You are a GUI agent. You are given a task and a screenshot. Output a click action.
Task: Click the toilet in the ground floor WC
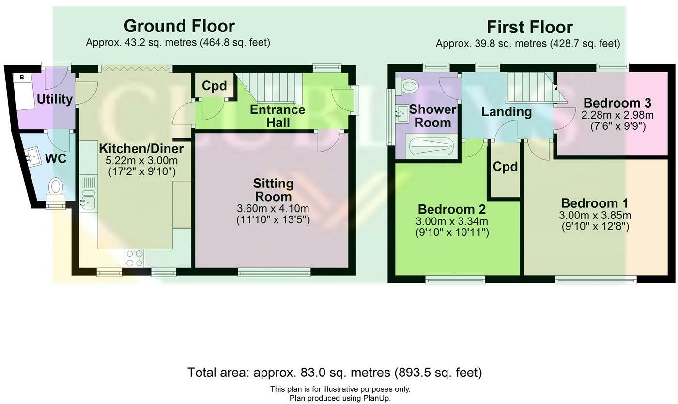point(56,190)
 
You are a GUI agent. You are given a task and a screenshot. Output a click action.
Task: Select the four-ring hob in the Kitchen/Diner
point(135,258)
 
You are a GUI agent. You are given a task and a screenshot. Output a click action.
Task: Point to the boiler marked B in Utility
point(22,78)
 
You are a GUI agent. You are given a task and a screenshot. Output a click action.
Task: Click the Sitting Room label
point(273,190)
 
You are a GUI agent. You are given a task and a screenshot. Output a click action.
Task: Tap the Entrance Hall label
point(277,116)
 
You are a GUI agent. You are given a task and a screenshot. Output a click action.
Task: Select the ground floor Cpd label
point(214,86)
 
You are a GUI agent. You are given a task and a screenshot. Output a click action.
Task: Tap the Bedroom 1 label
point(595,203)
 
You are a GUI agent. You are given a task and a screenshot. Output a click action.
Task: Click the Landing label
point(507,112)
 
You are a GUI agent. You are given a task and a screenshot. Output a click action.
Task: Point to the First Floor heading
point(529,27)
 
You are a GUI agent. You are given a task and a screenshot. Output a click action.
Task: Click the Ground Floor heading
point(179,26)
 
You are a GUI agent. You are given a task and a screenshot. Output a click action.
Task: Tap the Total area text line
point(335,373)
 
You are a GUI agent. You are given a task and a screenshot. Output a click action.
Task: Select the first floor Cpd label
point(505,167)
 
